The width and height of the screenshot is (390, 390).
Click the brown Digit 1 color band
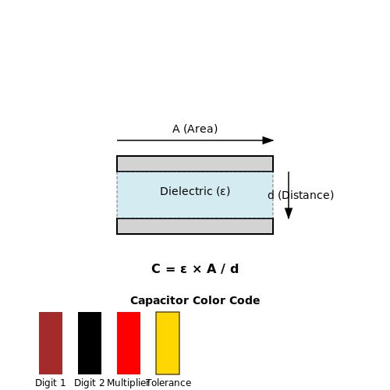(51, 343)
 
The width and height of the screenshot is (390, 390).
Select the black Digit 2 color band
(90, 343)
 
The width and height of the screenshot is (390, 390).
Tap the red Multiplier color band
(129, 343)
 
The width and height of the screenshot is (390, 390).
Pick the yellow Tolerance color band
(168, 343)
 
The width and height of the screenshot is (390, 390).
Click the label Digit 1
(51, 383)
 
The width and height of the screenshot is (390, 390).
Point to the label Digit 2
(90, 383)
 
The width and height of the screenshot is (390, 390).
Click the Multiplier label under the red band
(128, 383)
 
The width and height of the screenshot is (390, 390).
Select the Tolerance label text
(169, 383)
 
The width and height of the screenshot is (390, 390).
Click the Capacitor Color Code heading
(195, 300)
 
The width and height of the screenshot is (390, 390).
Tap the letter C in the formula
(156, 268)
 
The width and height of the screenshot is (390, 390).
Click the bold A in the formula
(211, 268)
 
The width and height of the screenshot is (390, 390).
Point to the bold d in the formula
(234, 268)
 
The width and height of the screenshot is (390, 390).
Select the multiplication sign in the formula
(197, 269)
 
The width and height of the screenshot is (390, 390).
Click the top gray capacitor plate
(195, 164)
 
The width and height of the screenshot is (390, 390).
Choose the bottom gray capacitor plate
(195, 226)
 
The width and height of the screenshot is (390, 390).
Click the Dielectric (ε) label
(195, 191)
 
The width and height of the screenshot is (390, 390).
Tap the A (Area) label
(195, 129)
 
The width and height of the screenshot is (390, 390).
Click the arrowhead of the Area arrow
(268, 140)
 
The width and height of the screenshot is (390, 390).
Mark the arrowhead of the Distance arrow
(289, 214)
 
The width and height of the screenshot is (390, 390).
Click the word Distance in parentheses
(306, 195)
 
